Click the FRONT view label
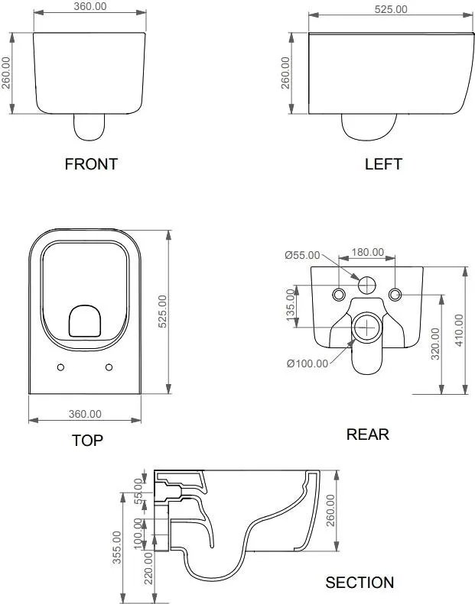(91, 164)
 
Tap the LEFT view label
(383, 164)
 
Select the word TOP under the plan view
(88, 441)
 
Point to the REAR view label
(368, 434)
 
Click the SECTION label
(360, 583)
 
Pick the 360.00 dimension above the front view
(90, 7)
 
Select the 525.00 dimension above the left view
(391, 9)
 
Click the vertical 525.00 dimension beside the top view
(163, 312)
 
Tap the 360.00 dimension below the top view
(85, 414)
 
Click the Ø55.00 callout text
(303, 255)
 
